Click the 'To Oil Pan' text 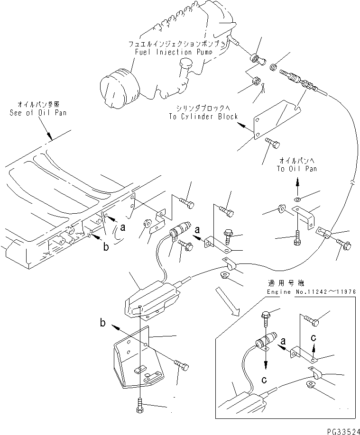297,169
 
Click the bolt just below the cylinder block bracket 272,141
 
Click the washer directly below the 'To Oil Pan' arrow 297,197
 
